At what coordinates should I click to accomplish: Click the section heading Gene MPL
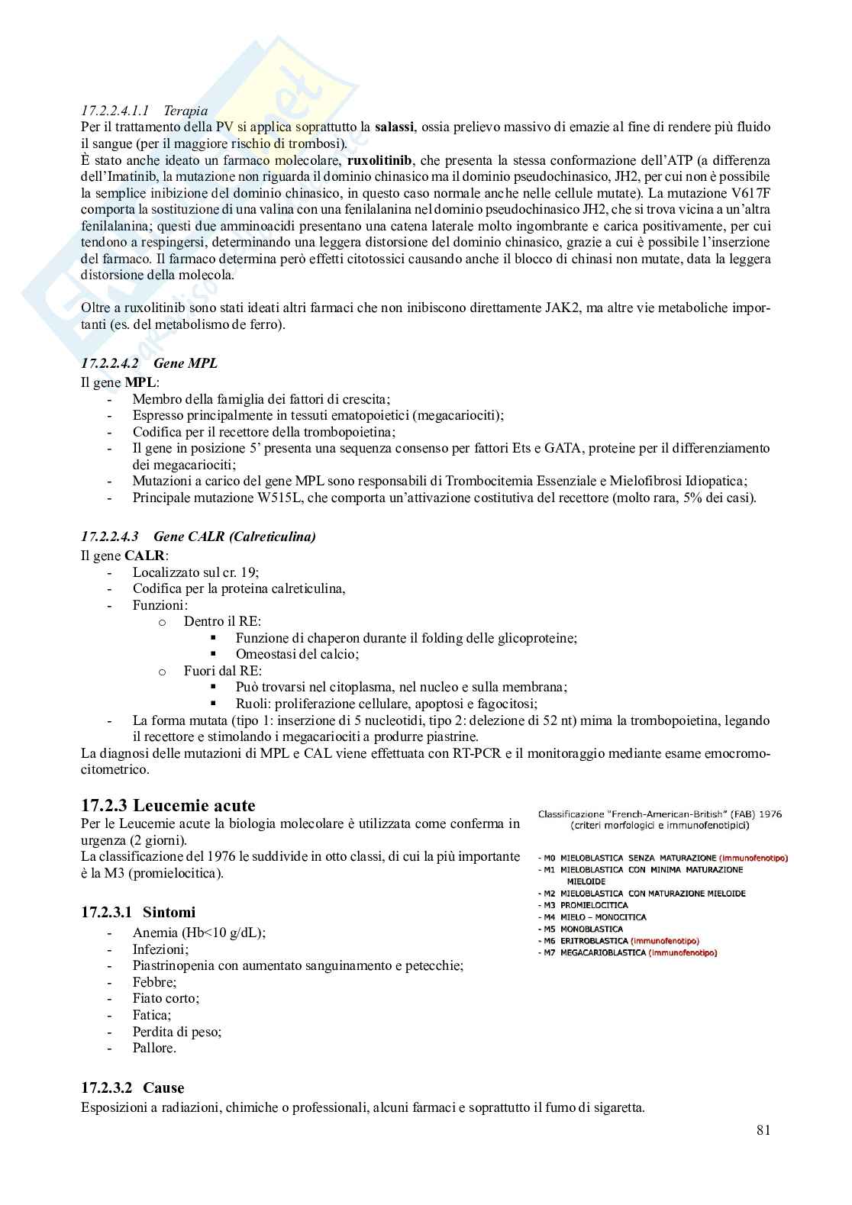[x=186, y=363]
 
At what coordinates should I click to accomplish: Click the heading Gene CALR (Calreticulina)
[x=234, y=536]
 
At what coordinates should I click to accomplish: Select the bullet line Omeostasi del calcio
[x=297, y=654]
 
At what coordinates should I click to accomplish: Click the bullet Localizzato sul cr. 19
[x=201, y=572]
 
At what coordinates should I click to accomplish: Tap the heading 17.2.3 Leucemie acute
[x=168, y=805]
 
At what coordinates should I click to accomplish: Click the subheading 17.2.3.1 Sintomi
[x=138, y=912]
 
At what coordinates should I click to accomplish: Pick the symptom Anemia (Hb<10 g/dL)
[x=199, y=933]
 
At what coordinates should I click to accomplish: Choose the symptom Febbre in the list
[x=154, y=982]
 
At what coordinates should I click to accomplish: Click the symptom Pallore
[x=154, y=1048]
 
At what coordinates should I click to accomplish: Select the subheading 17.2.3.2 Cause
[x=133, y=1087]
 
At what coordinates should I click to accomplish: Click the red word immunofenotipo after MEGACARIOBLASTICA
[x=683, y=952]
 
